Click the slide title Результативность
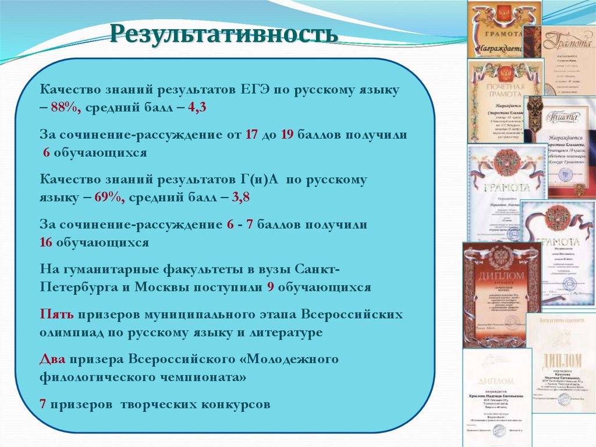pos(225,33)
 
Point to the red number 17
pos(251,135)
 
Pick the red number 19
pos(286,135)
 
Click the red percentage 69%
pos(109,197)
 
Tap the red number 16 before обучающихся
pos(47,242)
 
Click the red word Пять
pos(56,315)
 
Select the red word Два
pos(53,358)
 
